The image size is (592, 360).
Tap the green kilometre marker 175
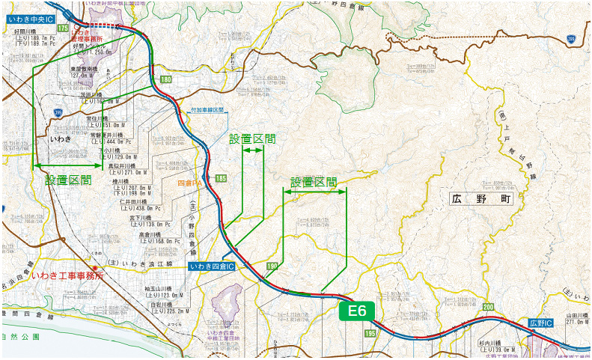(x=63, y=28)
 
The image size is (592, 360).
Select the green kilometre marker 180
(x=165, y=79)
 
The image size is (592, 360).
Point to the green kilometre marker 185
(x=220, y=178)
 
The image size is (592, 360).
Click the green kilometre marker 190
(x=272, y=266)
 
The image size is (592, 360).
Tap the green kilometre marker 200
(x=488, y=308)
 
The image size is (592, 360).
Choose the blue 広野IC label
(x=540, y=323)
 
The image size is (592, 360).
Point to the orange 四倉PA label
(x=190, y=183)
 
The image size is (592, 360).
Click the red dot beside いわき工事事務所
(x=94, y=268)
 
